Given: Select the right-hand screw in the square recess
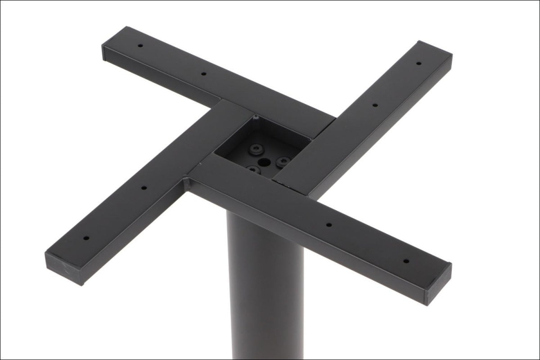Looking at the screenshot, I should [283, 161].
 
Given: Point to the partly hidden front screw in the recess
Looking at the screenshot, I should [253, 170].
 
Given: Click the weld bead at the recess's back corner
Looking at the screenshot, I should [256, 118].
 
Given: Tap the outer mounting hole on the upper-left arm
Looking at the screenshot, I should [140, 46].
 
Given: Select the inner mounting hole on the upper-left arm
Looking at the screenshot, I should [203, 73].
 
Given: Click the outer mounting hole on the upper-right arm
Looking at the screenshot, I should [418, 63].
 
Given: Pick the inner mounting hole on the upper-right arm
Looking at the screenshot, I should [375, 105].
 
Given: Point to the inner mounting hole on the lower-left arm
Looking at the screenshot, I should [144, 188].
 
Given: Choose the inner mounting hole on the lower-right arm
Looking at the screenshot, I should [329, 224].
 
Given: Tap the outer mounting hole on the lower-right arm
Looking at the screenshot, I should [405, 261].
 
